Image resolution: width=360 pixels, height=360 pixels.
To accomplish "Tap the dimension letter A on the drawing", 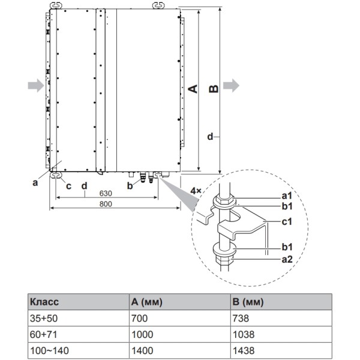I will pyautogui.click(x=193, y=89).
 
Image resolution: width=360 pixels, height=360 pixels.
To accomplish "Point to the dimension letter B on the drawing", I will pyautogui.click(x=212, y=89).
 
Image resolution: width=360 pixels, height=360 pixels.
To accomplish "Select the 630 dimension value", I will pyautogui.click(x=105, y=193).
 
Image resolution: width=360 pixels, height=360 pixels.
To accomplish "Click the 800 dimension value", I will pyautogui.click(x=105, y=204).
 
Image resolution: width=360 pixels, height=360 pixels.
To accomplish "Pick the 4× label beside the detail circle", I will pyautogui.click(x=196, y=190).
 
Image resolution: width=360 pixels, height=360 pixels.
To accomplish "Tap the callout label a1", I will pyautogui.click(x=287, y=196).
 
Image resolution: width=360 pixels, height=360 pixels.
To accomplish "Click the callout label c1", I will pyautogui.click(x=287, y=221).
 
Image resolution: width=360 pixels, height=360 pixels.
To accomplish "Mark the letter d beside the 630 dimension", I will pyautogui.click(x=85, y=185).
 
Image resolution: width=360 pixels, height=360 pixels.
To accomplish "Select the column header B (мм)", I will pyautogui.click(x=246, y=302).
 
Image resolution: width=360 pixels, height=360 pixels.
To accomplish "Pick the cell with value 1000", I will pyautogui.click(x=142, y=334).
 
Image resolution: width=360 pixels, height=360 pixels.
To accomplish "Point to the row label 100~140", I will pyautogui.click(x=46, y=350).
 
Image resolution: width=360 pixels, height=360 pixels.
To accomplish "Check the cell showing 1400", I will pyautogui.click(x=142, y=350).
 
